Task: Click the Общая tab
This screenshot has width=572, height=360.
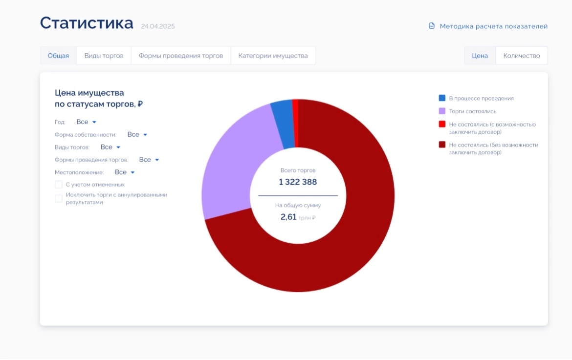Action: point(58,56)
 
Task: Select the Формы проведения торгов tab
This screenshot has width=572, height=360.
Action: point(181,56)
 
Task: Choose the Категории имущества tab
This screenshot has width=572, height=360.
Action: point(273,56)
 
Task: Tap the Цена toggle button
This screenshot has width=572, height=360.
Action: point(480,56)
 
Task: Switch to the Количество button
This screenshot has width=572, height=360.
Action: point(522,56)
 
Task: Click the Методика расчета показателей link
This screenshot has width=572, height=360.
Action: point(493,26)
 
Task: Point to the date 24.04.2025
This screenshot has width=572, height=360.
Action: point(157,26)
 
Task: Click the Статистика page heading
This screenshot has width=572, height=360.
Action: point(87,23)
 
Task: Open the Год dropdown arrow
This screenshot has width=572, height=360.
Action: point(94,122)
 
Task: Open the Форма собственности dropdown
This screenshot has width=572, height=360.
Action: point(137,134)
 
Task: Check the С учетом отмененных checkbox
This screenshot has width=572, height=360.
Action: point(59,185)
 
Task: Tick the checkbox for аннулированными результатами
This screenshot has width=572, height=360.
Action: point(59,198)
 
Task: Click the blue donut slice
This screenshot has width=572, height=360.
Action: point(283,125)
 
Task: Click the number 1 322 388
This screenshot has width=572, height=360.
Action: point(298,182)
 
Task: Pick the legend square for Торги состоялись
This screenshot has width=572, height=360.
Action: point(442,111)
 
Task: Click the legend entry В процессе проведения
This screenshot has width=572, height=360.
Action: point(481,98)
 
